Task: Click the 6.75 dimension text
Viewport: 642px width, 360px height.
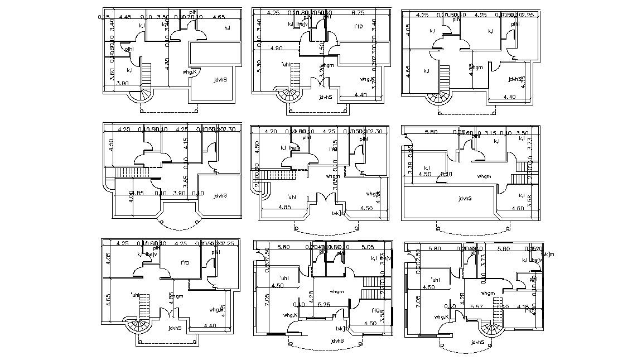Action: tap(358, 12)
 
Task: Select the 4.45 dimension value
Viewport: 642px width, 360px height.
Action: tap(125, 17)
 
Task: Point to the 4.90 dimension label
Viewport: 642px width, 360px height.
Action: tap(276, 49)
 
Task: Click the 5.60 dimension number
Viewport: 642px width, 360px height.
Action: tap(504, 249)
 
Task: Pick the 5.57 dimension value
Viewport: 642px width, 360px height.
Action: tap(476, 306)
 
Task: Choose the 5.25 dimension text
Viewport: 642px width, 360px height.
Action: tap(324, 304)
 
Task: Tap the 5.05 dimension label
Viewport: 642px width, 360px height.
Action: tap(368, 247)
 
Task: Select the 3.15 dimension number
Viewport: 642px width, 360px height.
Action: tap(490, 133)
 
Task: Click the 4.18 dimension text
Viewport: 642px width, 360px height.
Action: tap(522, 306)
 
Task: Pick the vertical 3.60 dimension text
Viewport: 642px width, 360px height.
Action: tap(112, 75)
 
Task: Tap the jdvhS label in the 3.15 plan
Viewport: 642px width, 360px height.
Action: tap(464, 198)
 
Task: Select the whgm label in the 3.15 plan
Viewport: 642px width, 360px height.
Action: tap(484, 176)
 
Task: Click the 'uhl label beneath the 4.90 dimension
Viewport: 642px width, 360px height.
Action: tap(287, 64)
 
